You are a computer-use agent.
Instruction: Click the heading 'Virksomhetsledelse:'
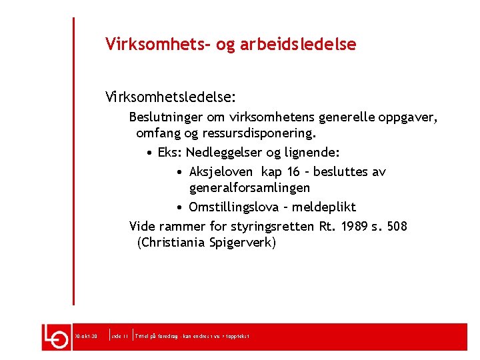click(x=170, y=97)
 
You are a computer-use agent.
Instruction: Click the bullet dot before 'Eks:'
click(x=151, y=152)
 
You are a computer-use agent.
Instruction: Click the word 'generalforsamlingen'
click(x=249, y=188)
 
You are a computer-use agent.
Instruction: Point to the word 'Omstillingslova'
click(x=234, y=207)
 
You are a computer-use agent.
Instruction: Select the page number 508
click(x=397, y=226)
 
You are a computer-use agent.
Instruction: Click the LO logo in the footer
click(x=57, y=337)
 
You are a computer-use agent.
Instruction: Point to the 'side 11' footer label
click(x=120, y=337)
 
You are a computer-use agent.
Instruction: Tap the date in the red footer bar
click(x=87, y=337)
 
